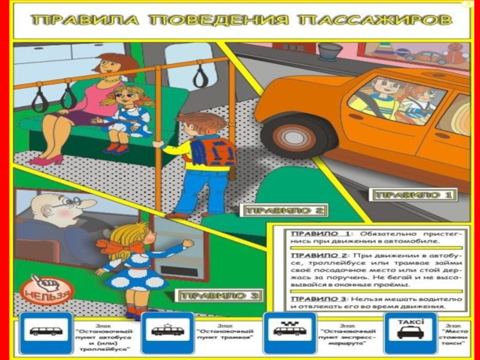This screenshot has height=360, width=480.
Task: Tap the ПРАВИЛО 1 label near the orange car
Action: [413, 195]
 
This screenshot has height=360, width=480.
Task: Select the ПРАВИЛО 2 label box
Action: [284, 211]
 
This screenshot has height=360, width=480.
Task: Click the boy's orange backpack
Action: [214, 151]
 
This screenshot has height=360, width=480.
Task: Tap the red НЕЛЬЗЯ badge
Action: [47, 290]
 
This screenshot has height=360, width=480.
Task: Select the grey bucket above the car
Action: [329, 51]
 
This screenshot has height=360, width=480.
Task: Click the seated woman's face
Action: [112, 68]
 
